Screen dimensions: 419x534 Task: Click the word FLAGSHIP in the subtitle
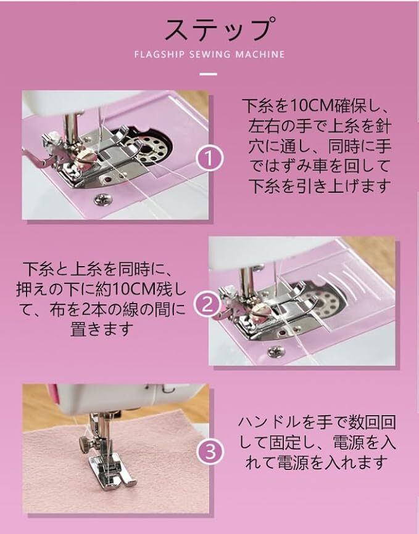159,54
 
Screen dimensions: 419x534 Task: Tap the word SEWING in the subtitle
210,54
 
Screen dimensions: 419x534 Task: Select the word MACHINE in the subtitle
260,54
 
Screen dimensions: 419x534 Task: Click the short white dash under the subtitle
208,74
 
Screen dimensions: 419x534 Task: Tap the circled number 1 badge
210,159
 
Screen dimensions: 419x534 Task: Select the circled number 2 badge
207,305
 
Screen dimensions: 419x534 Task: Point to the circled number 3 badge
210,452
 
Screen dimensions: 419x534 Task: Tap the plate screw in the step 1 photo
102,199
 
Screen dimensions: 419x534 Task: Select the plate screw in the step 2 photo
276,352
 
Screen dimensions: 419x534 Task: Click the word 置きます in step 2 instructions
102,330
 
